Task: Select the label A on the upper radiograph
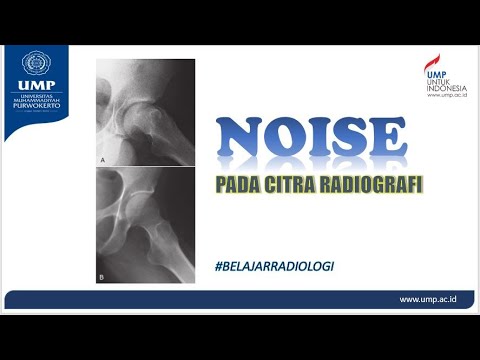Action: coord(105,158)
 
